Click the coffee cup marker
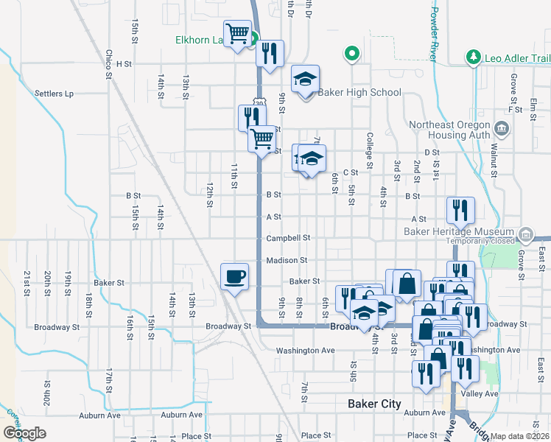pos(235,277)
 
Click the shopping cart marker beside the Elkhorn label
pos(238,34)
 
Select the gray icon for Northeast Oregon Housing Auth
pos(503,130)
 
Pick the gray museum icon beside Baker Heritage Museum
pos(526,236)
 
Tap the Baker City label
pos(374,404)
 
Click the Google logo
pos(24,432)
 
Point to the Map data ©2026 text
pos(518,436)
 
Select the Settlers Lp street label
pos(55,94)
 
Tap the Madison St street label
pos(287,260)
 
